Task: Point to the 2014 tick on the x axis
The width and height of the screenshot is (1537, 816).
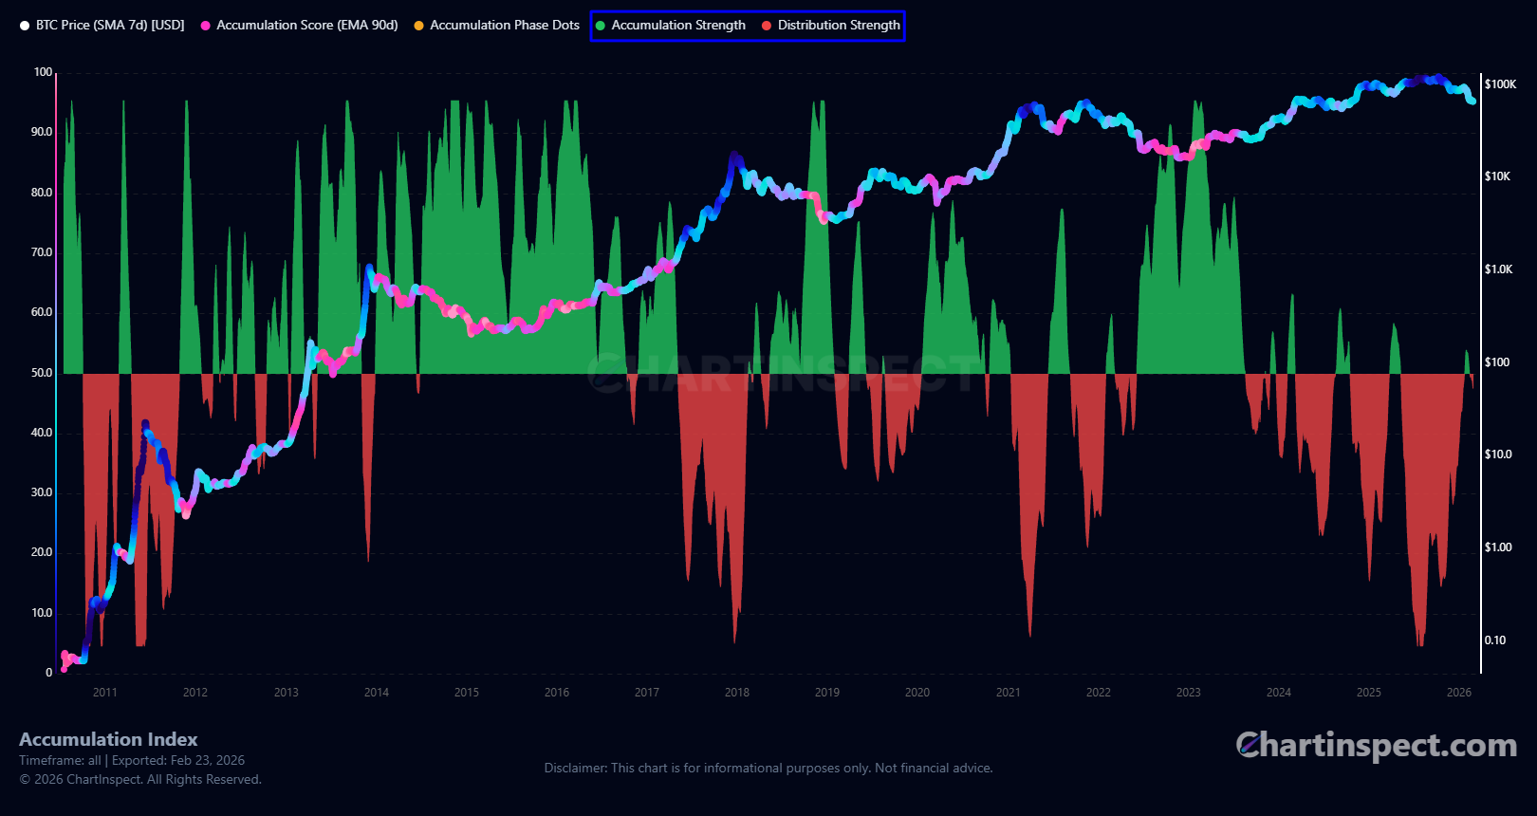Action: point(377,693)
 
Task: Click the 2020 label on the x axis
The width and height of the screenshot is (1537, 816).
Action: point(917,693)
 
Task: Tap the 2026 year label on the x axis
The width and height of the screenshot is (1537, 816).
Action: point(1459,693)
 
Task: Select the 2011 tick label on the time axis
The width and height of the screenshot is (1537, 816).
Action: point(105,693)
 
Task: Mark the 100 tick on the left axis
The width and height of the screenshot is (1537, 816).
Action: point(43,72)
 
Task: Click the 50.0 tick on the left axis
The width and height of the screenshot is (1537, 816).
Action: point(42,373)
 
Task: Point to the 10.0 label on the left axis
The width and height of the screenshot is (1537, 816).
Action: point(42,613)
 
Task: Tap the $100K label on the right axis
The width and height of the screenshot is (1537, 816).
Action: point(1500,84)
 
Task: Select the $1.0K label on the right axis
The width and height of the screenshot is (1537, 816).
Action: point(1498,269)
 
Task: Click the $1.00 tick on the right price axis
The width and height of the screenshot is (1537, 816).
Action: point(1498,547)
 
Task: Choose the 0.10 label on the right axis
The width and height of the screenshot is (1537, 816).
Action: point(1495,640)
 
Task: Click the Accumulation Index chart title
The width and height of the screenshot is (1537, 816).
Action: point(108,739)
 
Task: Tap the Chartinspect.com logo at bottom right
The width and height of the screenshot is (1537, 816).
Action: point(1376,746)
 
